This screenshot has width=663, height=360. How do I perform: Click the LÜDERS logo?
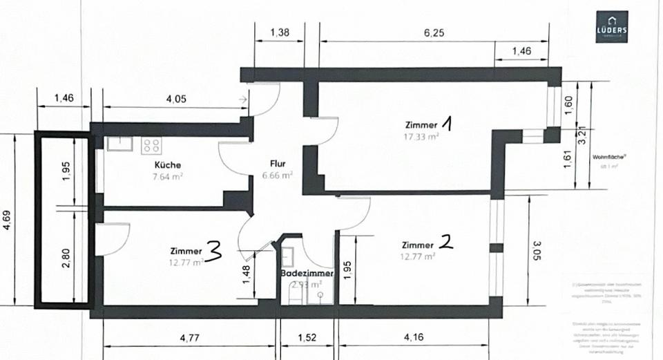[x=612, y=27]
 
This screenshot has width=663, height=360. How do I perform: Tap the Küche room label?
[x=169, y=165]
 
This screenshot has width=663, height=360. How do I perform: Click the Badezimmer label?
[x=307, y=274]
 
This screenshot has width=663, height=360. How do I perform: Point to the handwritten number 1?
[x=447, y=124]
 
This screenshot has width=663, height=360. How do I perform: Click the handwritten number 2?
[x=447, y=242]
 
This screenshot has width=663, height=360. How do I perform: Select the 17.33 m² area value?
[x=422, y=136]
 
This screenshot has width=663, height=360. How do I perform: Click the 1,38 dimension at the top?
[x=279, y=32]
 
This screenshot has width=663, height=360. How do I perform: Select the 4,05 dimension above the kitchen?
[x=176, y=98]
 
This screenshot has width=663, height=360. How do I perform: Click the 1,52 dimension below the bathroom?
[x=307, y=339]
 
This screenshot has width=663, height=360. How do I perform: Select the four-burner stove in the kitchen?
[x=151, y=146]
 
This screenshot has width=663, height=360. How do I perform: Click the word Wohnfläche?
[x=608, y=156]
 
